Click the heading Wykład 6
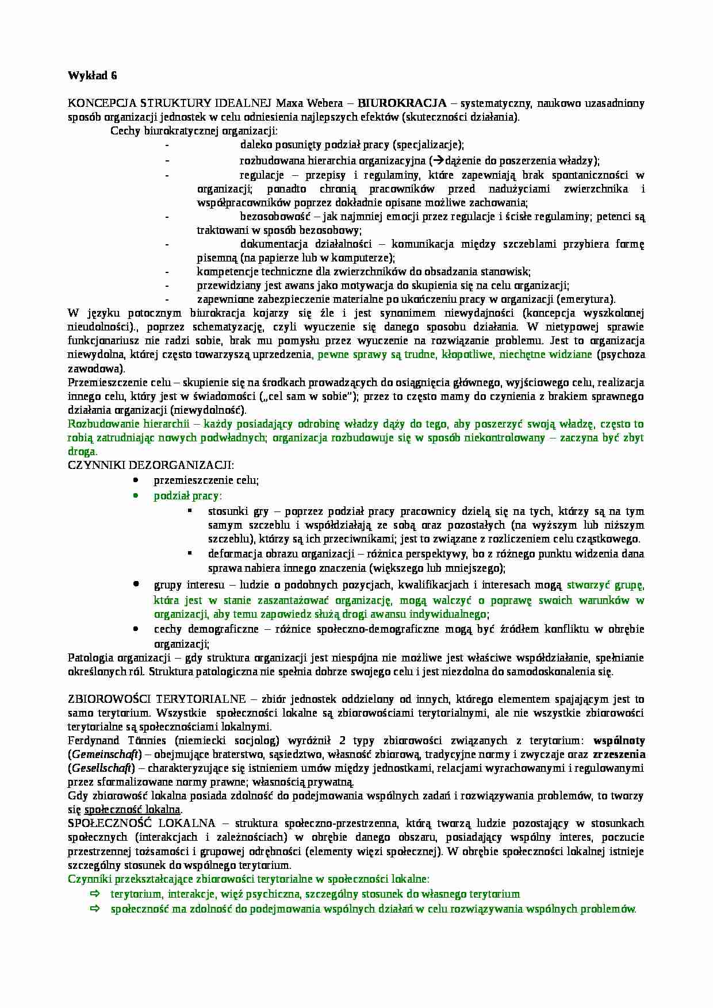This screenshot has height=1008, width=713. (92, 75)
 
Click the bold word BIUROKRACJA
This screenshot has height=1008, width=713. (402, 103)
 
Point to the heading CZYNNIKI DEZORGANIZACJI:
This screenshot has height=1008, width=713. (151, 465)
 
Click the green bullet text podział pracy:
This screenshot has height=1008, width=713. (188, 495)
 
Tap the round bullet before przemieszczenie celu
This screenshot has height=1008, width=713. (135, 480)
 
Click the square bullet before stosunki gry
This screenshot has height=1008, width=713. (190, 510)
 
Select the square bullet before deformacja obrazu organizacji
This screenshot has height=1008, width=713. (190, 553)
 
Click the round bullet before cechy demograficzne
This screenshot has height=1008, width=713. (135, 629)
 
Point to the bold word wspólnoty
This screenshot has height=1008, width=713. (619, 740)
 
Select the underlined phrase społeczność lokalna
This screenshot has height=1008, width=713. (132, 810)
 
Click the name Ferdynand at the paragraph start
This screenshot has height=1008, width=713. (93, 740)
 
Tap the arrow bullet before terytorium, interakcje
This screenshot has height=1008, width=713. (95, 894)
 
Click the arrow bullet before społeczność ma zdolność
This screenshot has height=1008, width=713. (95, 909)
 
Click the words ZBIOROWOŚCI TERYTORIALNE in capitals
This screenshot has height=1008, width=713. (158, 699)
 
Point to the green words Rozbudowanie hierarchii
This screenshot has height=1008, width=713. (128, 424)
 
